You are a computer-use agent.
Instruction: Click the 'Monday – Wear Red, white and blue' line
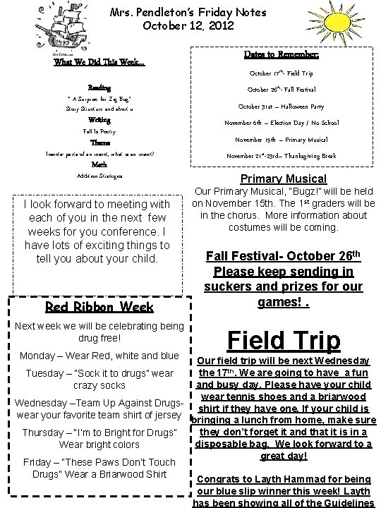pyautogui.click(x=99, y=355)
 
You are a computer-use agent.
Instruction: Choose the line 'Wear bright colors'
pyautogui.click(x=99, y=445)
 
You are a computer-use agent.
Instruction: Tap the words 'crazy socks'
pyautogui.click(x=99, y=385)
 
